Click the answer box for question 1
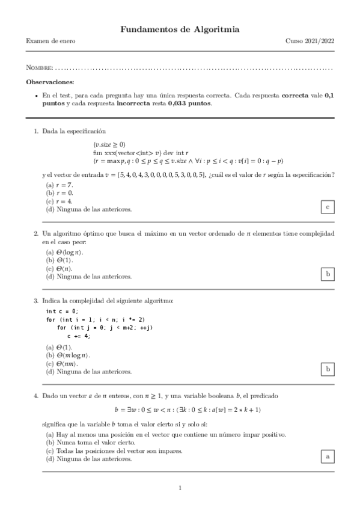tap(327, 207)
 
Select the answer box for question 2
tap(327, 274)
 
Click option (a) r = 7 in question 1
tap(59, 184)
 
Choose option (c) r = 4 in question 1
tap(59, 201)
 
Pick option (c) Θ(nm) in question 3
tap(63, 363)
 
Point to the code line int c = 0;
tap(62, 311)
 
